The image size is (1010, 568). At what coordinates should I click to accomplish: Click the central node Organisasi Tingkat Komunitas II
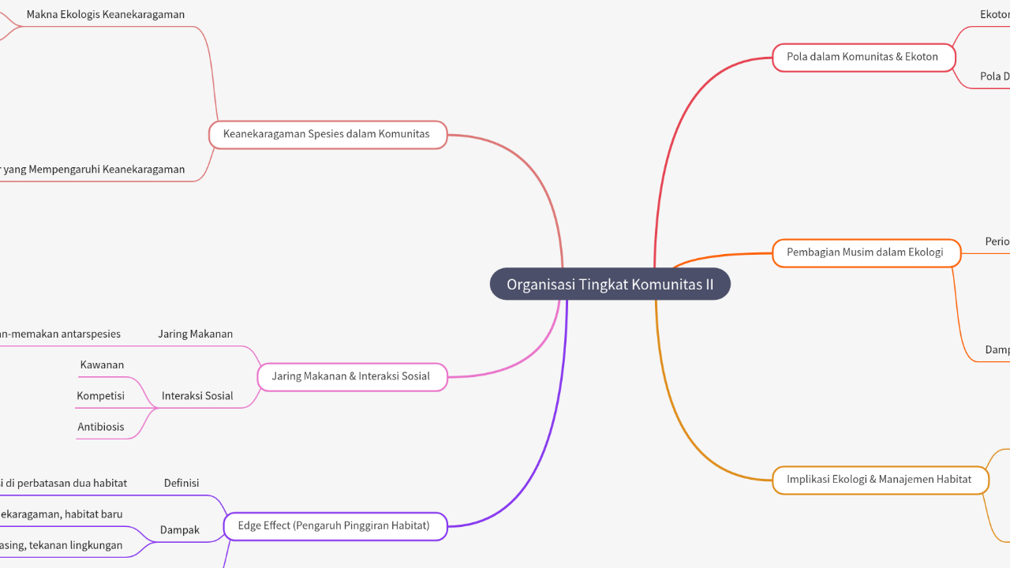[610, 284]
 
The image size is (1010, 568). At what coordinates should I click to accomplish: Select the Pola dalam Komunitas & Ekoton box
[863, 57]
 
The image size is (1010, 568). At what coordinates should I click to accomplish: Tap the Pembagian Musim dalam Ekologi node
[866, 252]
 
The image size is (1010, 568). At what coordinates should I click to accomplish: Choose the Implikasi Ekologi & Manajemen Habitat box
[880, 479]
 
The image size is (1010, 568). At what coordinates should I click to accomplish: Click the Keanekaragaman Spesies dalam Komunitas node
[327, 134]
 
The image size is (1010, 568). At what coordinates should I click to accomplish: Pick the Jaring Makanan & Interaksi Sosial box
[351, 376]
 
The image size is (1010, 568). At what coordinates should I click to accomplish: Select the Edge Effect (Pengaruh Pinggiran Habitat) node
[335, 525]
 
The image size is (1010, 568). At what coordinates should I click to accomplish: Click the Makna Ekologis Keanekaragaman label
[106, 15]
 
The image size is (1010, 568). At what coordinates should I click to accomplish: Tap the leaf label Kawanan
[102, 365]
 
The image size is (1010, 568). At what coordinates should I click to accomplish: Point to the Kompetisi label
[101, 396]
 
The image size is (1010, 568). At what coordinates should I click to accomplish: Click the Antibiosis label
[101, 427]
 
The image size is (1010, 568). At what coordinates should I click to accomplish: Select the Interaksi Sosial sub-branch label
[197, 396]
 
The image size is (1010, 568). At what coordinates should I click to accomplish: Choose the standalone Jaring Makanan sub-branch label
[195, 334]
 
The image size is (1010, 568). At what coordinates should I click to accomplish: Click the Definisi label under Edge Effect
[181, 483]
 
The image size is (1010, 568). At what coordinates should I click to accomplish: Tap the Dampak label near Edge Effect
[180, 530]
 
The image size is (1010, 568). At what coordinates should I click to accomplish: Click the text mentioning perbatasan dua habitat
[63, 483]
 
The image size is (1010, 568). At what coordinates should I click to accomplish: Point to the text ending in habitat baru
[62, 514]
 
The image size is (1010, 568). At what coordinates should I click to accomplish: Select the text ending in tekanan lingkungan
[62, 545]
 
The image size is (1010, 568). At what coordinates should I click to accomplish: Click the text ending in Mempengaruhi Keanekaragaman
[93, 170]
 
